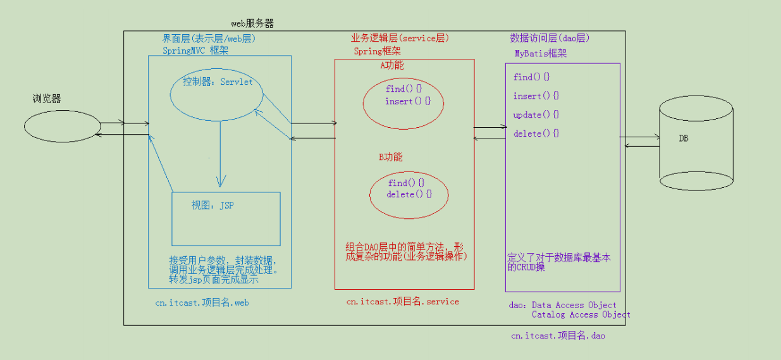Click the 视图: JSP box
[x=226, y=218]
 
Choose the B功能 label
[x=390, y=157]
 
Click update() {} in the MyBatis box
[x=536, y=115]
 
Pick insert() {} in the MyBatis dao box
[x=536, y=96]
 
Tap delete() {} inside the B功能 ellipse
[x=409, y=194]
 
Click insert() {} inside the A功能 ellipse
[x=407, y=101]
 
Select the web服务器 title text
[x=252, y=23]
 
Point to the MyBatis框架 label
[x=541, y=53]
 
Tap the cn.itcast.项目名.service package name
[x=402, y=302]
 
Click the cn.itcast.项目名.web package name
[x=202, y=302]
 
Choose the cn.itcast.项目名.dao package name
[x=558, y=336]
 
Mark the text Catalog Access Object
[x=581, y=314]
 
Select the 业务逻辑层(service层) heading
[x=400, y=38]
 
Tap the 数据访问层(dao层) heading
[x=550, y=38]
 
